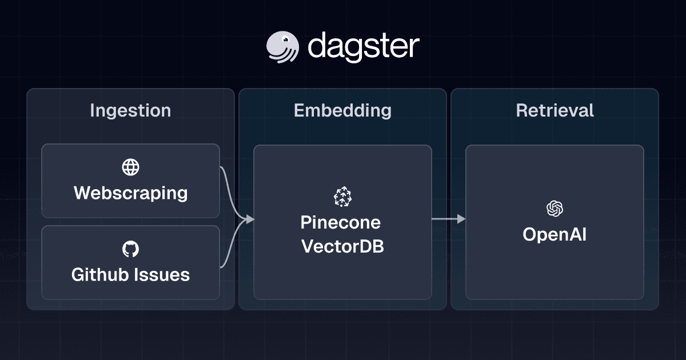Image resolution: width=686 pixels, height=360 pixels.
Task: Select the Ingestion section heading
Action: [130, 110]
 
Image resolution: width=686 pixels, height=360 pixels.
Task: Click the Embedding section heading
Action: [342, 110]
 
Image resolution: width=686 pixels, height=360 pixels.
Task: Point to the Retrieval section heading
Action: [555, 110]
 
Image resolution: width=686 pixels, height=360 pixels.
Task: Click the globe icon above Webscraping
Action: [131, 167]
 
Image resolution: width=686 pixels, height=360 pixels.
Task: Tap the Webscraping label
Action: [131, 193]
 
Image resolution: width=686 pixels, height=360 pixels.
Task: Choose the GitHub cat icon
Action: [131, 249]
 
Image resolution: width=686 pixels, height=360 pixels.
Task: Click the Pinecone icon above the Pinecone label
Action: [342, 196]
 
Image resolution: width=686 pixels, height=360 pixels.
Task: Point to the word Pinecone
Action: [341, 222]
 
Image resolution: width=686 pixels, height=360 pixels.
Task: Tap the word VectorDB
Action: [342, 246]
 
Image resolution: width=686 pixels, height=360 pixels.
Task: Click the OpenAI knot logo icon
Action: [555, 209]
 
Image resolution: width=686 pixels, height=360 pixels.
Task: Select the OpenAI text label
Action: [555, 234]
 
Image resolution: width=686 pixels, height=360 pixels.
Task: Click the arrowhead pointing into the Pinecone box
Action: [250, 219]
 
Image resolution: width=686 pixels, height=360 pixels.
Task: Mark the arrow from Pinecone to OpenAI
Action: [448, 219]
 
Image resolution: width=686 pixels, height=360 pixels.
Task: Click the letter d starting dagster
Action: [317, 46]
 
